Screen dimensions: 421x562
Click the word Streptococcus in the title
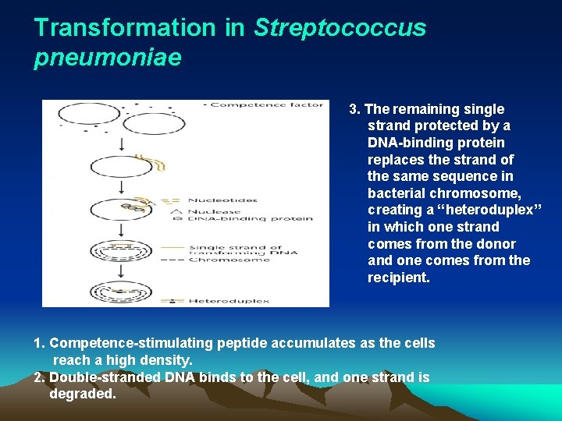coord(340,28)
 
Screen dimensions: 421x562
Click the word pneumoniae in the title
coord(108,58)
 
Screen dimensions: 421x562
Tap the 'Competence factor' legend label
coord(265,105)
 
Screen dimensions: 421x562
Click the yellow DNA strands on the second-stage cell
coord(157,163)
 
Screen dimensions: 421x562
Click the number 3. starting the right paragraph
coord(355,109)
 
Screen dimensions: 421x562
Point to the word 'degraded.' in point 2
coord(83,394)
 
